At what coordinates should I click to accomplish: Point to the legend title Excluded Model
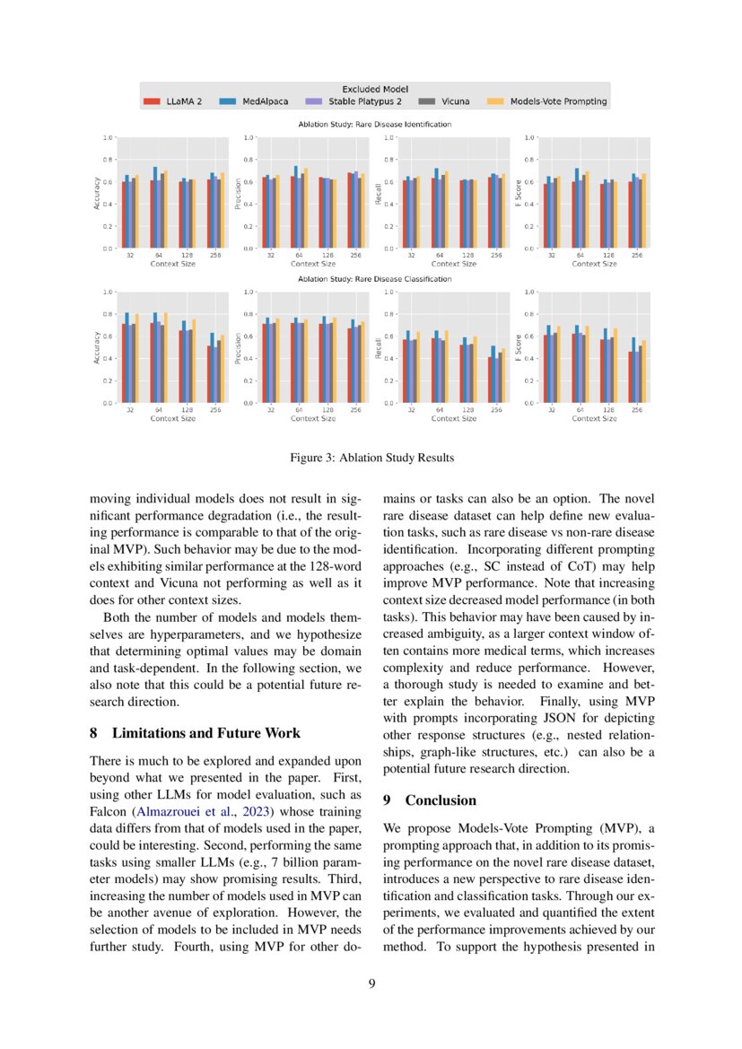coord(375,89)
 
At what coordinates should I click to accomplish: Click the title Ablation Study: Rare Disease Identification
coord(375,124)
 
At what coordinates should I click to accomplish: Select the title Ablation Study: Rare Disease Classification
coord(375,279)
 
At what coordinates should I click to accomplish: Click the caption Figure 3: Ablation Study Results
coord(371,458)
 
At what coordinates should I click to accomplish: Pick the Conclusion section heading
coord(441,800)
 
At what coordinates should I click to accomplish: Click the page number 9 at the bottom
coord(371,983)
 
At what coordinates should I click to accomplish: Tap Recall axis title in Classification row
coord(377,347)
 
